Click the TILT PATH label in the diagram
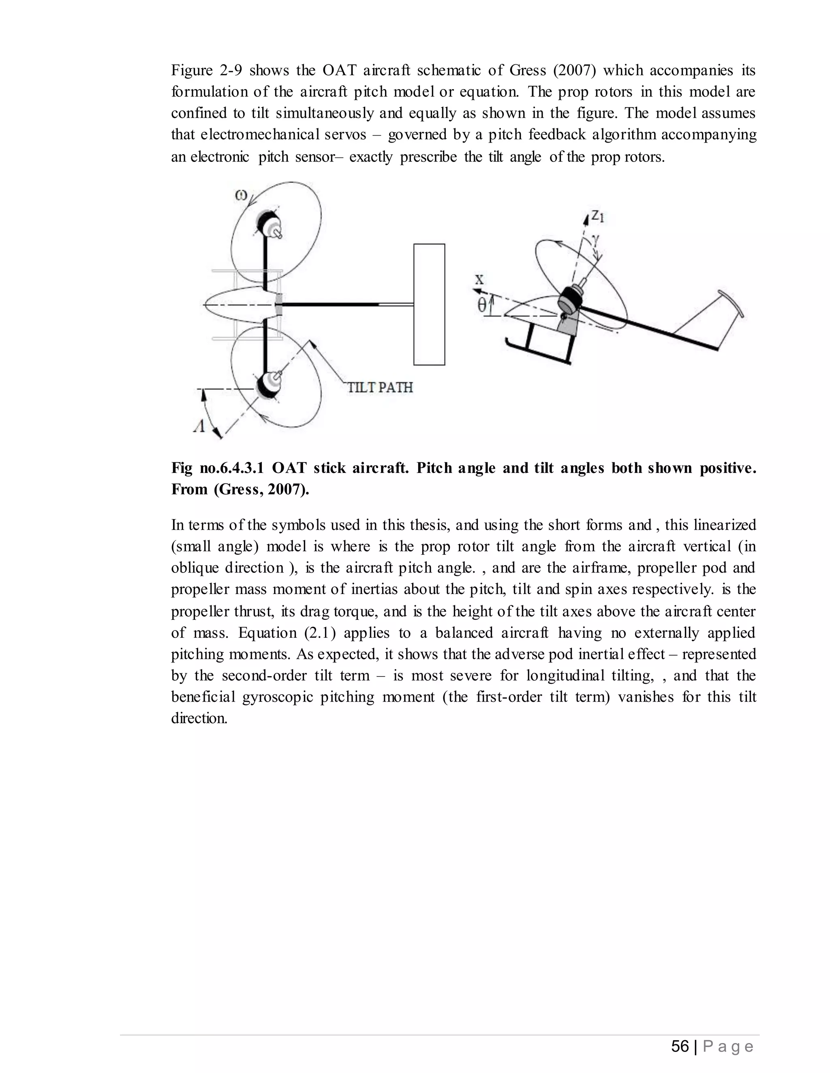point(380,387)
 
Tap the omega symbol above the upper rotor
point(241,195)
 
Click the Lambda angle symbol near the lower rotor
point(199,426)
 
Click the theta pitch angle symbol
point(482,306)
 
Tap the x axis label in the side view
point(479,279)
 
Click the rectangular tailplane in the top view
point(429,304)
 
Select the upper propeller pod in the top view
point(268,225)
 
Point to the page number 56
point(680,1046)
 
